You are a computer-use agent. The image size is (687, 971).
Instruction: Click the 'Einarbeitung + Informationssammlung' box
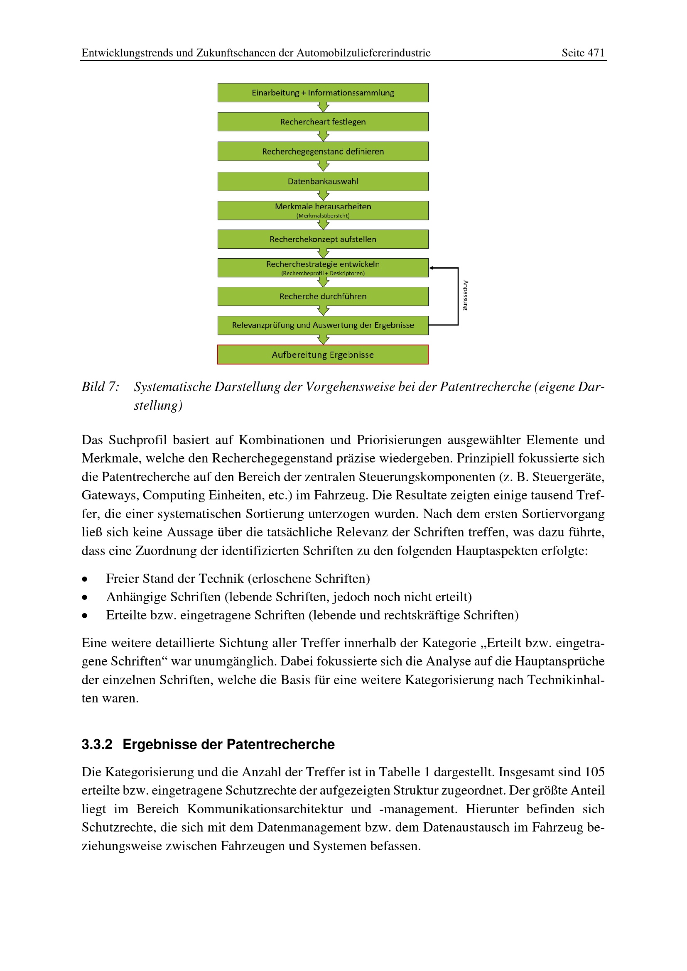pyautogui.click(x=323, y=93)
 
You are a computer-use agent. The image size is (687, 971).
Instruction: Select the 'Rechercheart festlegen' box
pyautogui.click(x=323, y=122)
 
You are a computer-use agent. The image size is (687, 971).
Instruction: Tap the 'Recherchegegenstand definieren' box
pyautogui.click(x=323, y=152)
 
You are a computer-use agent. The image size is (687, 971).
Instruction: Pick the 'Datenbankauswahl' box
pyautogui.click(x=323, y=181)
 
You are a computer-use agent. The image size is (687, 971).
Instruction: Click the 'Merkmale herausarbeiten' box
pyautogui.click(x=323, y=210)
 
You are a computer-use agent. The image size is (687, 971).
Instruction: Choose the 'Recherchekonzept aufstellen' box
pyautogui.click(x=323, y=239)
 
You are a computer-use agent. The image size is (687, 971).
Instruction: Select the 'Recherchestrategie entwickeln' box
pyautogui.click(x=323, y=268)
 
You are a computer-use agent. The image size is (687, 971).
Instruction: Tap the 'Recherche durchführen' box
pyautogui.click(x=323, y=296)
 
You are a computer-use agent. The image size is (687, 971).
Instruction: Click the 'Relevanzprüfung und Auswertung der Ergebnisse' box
pyautogui.click(x=323, y=325)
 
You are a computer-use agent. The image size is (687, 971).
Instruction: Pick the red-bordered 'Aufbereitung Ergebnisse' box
pyautogui.click(x=323, y=355)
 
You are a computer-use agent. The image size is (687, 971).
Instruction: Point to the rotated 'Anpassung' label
pyautogui.click(x=465, y=296)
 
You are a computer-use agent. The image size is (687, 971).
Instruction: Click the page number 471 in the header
pyautogui.click(x=596, y=53)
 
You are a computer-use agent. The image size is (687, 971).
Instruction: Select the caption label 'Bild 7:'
pyautogui.click(x=101, y=386)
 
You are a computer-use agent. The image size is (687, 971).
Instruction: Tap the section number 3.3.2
pyautogui.click(x=97, y=744)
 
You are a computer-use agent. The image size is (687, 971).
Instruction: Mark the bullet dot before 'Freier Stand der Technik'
pyautogui.click(x=85, y=579)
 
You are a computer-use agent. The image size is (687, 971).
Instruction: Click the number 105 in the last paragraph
pyautogui.click(x=594, y=772)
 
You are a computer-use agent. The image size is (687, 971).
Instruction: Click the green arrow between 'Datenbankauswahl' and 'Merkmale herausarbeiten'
pyautogui.click(x=323, y=196)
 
